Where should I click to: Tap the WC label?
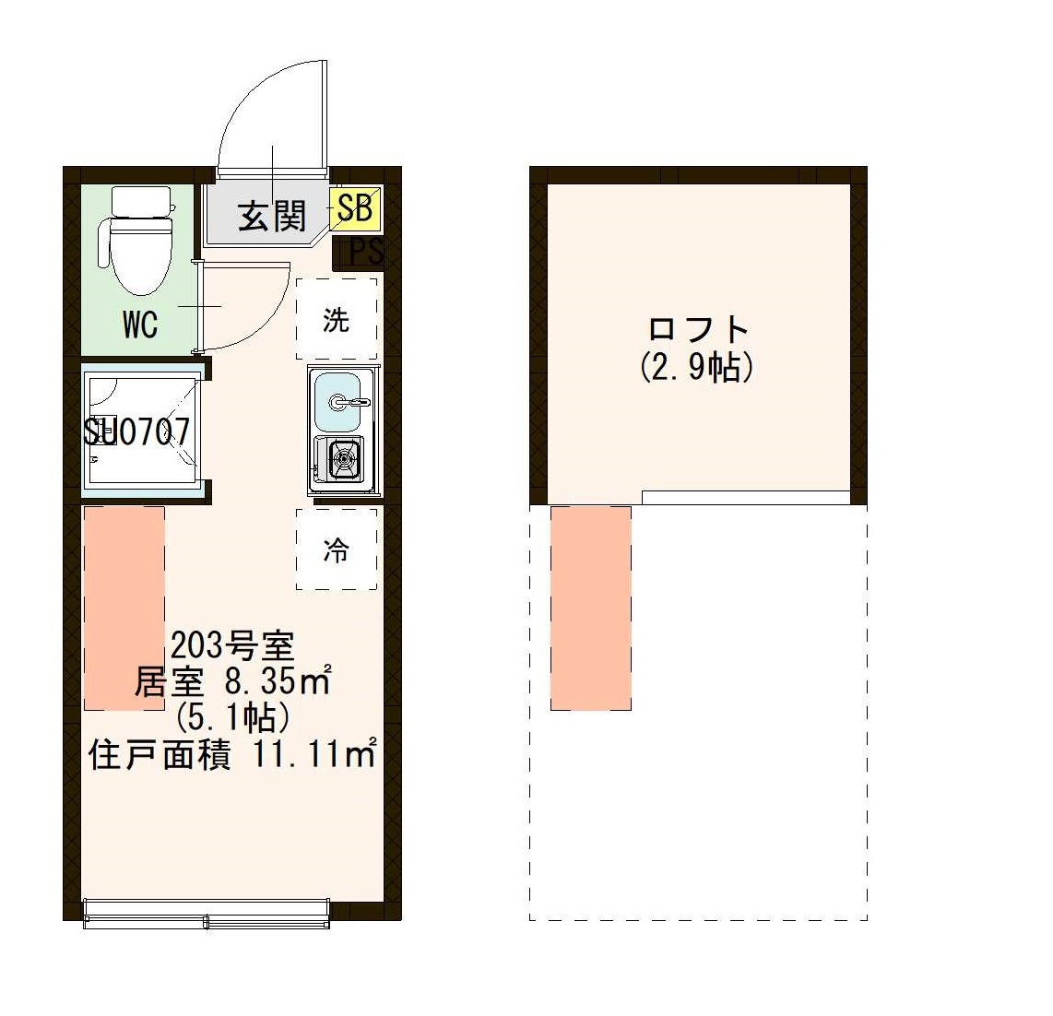tap(140, 325)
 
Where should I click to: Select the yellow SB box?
tap(355, 208)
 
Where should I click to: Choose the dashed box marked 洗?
tap(337, 319)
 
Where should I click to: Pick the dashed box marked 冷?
tap(337, 549)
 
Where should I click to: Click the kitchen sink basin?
tap(337, 402)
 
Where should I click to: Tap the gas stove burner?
tap(344, 457)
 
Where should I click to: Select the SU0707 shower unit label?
tap(137, 431)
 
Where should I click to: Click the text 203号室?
tap(231, 644)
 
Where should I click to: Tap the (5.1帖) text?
tap(232, 717)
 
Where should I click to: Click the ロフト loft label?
tap(698, 329)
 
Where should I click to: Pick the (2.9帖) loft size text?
tap(698, 367)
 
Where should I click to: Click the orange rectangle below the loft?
tap(591, 608)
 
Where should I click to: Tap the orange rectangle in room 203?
tap(124, 608)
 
